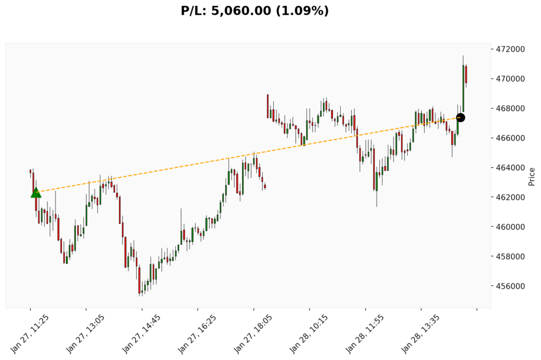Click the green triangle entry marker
(x=36, y=193)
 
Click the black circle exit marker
(x=460, y=118)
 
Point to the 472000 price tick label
(x=510, y=49)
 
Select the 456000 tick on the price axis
(x=510, y=286)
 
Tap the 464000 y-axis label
(x=510, y=168)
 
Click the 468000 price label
(x=510, y=109)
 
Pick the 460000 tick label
(x=510, y=227)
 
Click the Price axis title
(x=531, y=176)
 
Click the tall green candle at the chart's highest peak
(x=463, y=87)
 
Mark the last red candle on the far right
(x=466, y=74)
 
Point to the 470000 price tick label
(x=510, y=79)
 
